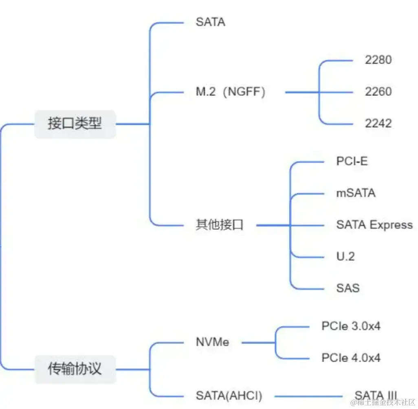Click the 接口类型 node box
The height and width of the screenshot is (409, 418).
coord(75,124)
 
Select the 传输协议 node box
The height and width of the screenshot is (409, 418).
coord(75,369)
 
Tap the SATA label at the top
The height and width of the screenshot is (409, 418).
coord(210,22)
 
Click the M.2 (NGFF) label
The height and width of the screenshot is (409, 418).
coord(231,92)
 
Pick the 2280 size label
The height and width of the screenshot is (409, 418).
coord(378,60)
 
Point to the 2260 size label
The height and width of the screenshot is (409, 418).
coord(378,92)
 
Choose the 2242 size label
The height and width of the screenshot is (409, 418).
coord(378,123)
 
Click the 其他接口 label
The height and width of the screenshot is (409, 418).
coord(220,225)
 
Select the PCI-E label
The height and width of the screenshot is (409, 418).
coord(352,161)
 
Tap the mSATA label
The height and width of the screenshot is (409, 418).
coord(356,192)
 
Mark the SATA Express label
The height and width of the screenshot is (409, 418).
coord(374,225)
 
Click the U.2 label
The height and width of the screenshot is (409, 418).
coord(345,256)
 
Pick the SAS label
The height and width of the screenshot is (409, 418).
coord(348,288)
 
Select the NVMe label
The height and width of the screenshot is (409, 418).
coord(212,342)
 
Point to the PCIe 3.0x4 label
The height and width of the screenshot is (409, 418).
coord(351,326)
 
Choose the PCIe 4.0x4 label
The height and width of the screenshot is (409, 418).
coord(351,358)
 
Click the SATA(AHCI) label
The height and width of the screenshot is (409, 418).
coord(229,395)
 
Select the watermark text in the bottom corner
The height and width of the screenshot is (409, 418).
coord(385,403)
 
